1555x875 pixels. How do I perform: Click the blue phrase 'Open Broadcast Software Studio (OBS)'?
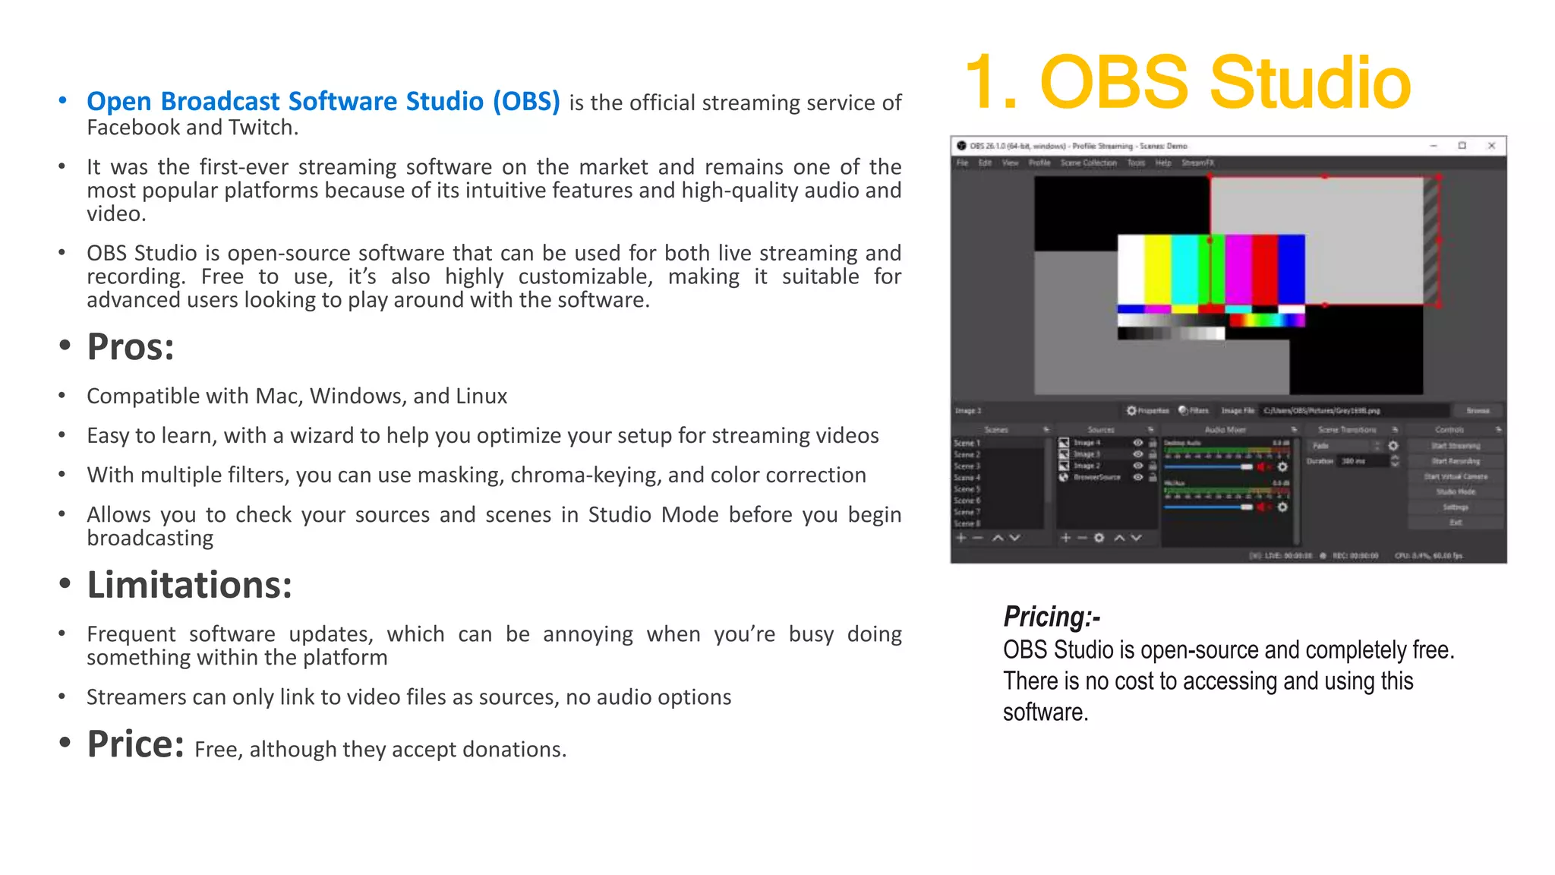(x=323, y=101)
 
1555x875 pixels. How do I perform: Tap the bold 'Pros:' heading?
(x=131, y=347)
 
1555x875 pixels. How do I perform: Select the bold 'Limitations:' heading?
(x=189, y=585)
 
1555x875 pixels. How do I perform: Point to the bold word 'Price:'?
(x=135, y=744)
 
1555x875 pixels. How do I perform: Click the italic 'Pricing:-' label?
(x=1052, y=616)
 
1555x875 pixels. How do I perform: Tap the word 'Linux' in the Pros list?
(x=481, y=396)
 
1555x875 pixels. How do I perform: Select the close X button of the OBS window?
(x=1491, y=145)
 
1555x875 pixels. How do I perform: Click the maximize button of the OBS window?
(x=1462, y=145)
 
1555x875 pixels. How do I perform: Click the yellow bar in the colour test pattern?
(x=1157, y=270)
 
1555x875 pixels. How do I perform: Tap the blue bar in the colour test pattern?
(x=1292, y=270)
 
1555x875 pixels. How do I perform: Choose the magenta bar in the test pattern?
(x=1238, y=270)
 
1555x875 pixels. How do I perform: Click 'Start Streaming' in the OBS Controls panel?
(x=1456, y=446)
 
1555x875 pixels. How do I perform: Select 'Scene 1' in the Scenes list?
(x=967, y=443)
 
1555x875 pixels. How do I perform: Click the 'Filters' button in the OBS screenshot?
(x=1194, y=411)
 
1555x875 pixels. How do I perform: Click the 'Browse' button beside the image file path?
(x=1477, y=411)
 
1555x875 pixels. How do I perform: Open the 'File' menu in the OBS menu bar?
(x=962, y=163)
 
